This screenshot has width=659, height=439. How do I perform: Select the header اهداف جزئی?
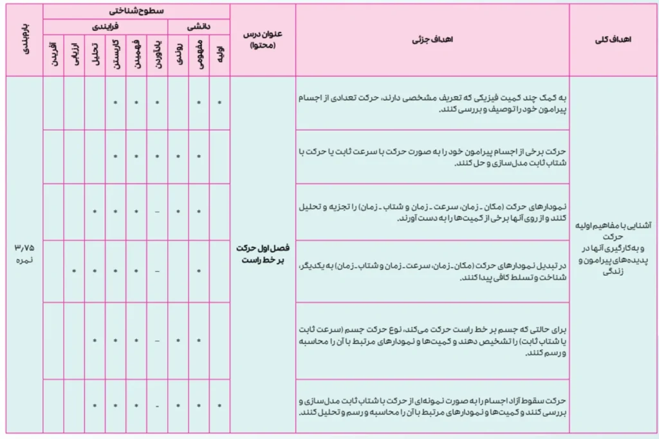[432, 40]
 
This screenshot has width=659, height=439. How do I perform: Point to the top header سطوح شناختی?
[136, 11]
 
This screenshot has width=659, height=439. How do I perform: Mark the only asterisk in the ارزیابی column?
[73, 272]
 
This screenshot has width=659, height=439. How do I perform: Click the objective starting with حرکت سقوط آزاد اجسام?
[432, 406]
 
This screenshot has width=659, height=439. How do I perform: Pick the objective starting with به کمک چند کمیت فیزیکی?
[432, 103]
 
